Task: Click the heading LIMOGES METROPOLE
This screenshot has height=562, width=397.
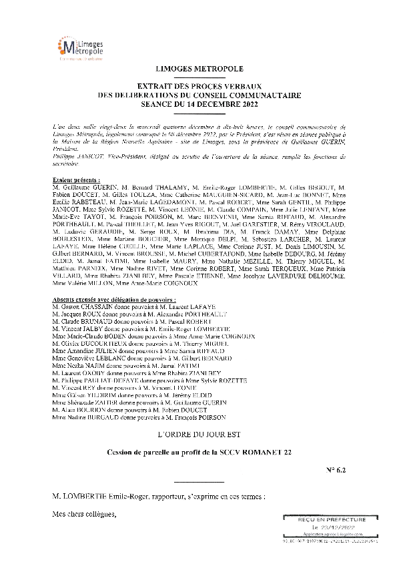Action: [199, 69]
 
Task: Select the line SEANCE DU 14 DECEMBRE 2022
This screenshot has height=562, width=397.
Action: [199, 105]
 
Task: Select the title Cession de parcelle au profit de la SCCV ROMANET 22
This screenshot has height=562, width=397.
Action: [199, 453]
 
